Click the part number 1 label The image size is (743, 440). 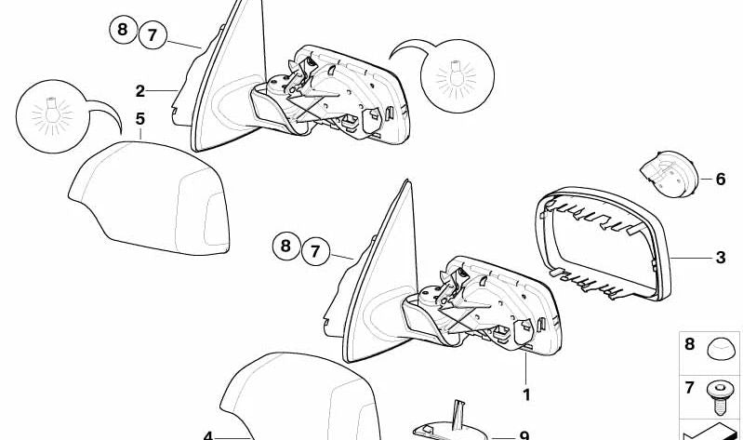pyautogui.click(x=526, y=394)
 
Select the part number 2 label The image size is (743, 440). pyautogui.click(x=139, y=91)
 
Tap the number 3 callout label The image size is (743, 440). pyautogui.click(x=721, y=258)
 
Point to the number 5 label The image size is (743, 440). pyautogui.click(x=139, y=119)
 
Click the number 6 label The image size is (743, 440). pyautogui.click(x=721, y=180)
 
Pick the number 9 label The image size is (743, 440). pyautogui.click(x=524, y=435)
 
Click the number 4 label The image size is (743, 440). pyautogui.click(x=208, y=435)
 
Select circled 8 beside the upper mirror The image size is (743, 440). pyautogui.click(x=123, y=30)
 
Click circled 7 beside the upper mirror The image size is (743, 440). pyautogui.click(x=153, y=35)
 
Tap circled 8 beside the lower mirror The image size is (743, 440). pyautogui.click(x=286, y=246)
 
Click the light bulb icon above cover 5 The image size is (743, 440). pyautogui.click(x=53, y=116)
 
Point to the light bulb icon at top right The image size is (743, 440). pyautogui.click(x=458, y=76)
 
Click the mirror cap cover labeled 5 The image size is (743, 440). pyautogui.click(x=150, y=198)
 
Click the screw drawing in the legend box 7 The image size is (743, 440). pyautogui.click(x=720, y=397)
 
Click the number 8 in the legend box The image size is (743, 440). pyautogui.click(x=689, y=344)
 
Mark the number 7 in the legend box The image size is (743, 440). pyautogui.click(x=689, y=388)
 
